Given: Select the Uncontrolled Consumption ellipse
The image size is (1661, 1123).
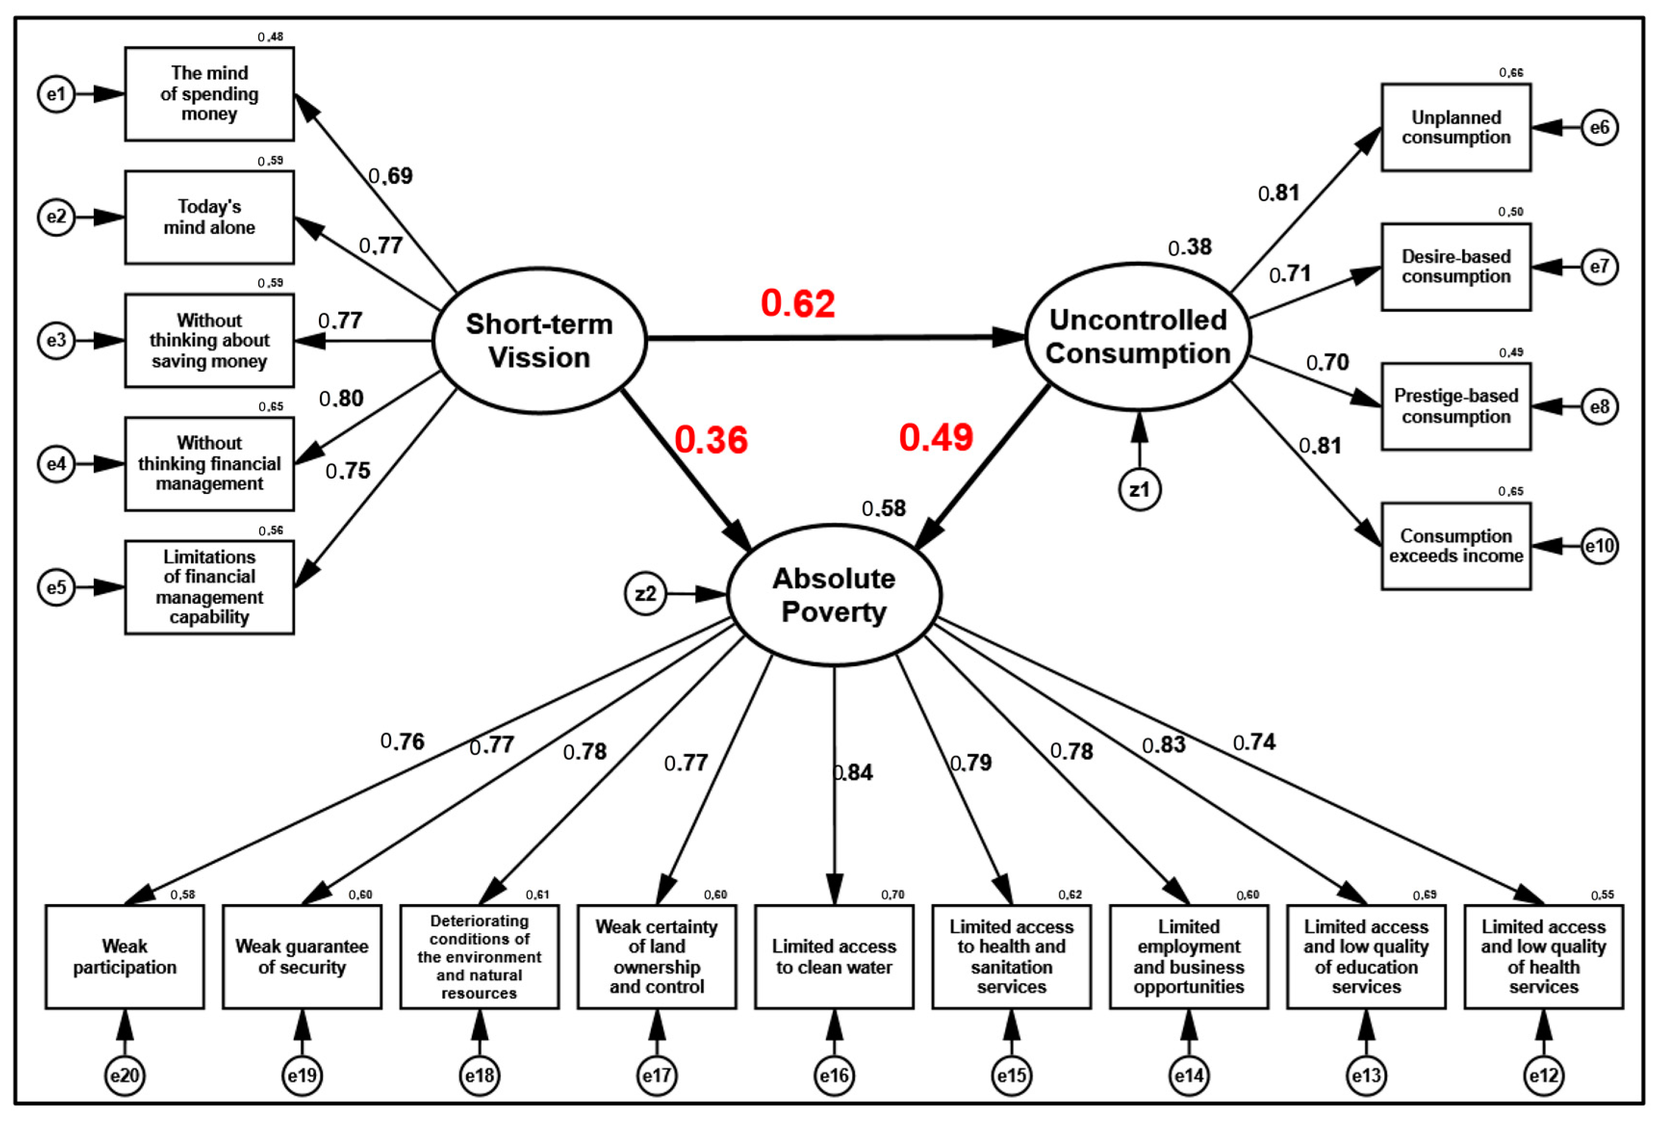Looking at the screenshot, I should (x=1137, y=337).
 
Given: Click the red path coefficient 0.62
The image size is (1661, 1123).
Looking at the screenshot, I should (x=797, y=303).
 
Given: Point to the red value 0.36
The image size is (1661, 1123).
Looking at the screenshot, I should (x=710, y=440).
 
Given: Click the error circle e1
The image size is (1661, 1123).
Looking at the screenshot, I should (x=56, y=94).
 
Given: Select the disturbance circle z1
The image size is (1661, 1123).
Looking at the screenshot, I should (x=1139, y=489).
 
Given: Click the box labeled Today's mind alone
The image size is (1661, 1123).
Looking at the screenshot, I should (x=209, y=217).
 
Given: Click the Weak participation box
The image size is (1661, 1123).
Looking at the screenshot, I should (x=125, y=957).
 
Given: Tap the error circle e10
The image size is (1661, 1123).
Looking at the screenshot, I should (x=1599, y=546).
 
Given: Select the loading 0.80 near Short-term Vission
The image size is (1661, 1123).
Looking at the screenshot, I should (x=341, y=398).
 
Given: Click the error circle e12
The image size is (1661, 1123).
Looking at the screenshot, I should (x=1543, y=1075).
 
